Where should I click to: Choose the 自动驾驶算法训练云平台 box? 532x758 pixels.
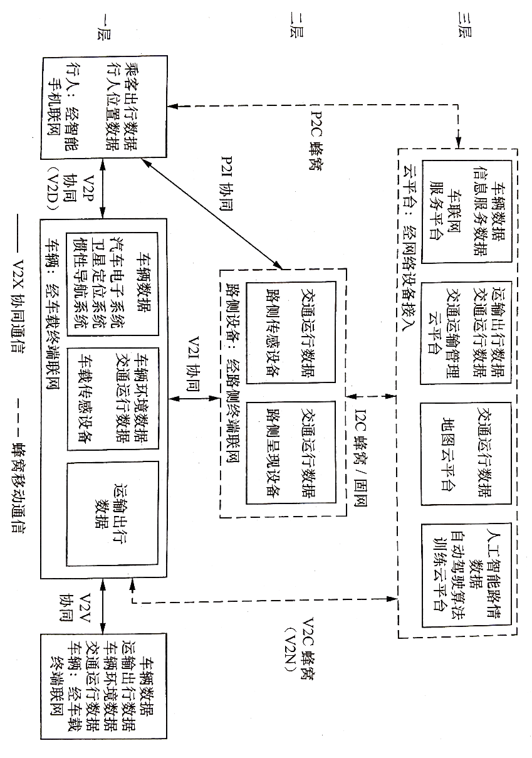467,574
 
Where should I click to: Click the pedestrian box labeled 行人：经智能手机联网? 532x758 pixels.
103,108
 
